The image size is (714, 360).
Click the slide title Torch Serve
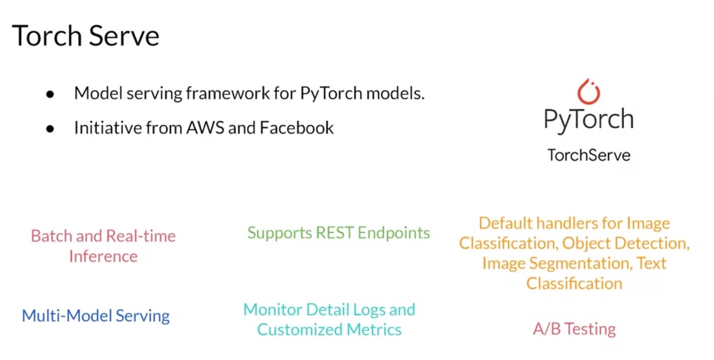click(85, 36)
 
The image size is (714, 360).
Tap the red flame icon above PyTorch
click(588, 92)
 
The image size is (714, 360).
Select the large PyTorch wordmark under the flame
click(588, 119)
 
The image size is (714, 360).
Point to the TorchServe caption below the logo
click(589, 155)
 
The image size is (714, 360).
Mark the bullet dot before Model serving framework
click(50, 95)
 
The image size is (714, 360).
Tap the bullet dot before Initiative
click(50, 129)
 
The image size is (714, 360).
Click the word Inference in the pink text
click(103, 256)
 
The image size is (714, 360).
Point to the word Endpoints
click(394, 233)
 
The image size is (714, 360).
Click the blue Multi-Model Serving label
click(96, 316)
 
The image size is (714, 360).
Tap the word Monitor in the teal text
click(273, 310)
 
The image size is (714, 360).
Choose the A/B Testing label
click(574, 329)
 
